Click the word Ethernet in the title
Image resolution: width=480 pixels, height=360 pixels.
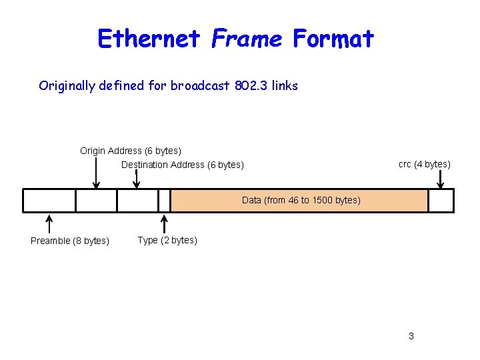click(x=149, y=39)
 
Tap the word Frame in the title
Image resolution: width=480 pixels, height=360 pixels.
click(x=247, y=39)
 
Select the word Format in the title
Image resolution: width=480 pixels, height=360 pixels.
click(x=333, y=39)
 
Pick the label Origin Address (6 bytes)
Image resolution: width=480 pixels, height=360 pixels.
click(x=131, y=151)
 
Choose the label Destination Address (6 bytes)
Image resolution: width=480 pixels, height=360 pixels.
click(x=183, y=165)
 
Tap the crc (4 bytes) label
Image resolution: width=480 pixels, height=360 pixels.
click(x=425, y=164)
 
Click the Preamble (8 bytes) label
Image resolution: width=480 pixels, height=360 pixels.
click(x=70, y=241)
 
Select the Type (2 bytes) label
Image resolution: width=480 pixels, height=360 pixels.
click(x=167, y=240)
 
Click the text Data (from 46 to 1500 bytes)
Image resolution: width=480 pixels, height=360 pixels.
click(x=301, y=200)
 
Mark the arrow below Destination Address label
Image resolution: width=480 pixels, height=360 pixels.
click(x=137, y=179)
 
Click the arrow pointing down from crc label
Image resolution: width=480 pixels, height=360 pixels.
click(x=440, y=179)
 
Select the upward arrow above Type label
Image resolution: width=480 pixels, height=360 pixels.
click(x=165, y=223)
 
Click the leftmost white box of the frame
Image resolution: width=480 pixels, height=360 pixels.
click(x=49, y=201)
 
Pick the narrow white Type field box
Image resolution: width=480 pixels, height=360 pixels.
click(x=165, y=201)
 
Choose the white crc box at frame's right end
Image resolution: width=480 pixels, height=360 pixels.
click(x=441, y=201)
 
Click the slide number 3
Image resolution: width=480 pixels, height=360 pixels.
click(x=411, y=336)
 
